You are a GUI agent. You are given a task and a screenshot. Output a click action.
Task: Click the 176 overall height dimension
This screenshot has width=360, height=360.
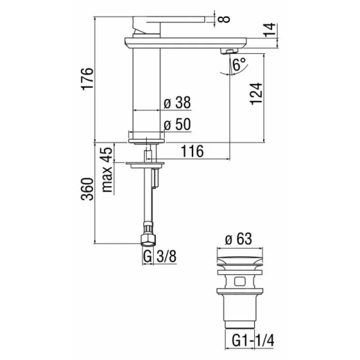[x=87, y=79]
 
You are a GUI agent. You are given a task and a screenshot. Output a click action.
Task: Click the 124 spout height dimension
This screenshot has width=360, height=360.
[x=256, y=93]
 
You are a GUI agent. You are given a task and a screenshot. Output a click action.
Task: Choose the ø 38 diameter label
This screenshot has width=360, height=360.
[x=177, y=102]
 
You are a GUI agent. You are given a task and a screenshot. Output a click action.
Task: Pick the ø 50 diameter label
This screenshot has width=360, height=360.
[x=177, y=125]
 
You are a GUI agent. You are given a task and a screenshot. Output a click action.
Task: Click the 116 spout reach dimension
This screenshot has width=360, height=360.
[x=192, y=152]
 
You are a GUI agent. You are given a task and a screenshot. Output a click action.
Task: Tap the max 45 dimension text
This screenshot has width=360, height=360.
[x=107, y=170]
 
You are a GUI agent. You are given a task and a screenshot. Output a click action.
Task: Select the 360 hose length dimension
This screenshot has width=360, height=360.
[x=87, y=189]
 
